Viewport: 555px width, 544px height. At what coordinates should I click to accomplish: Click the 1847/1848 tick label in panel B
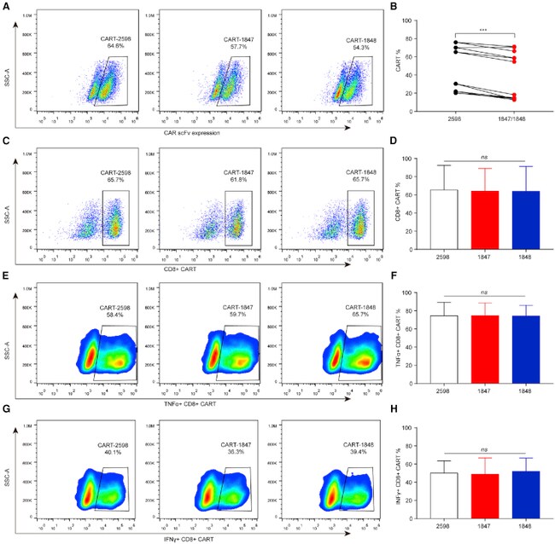pyautogui.click(x=511, y=122)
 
